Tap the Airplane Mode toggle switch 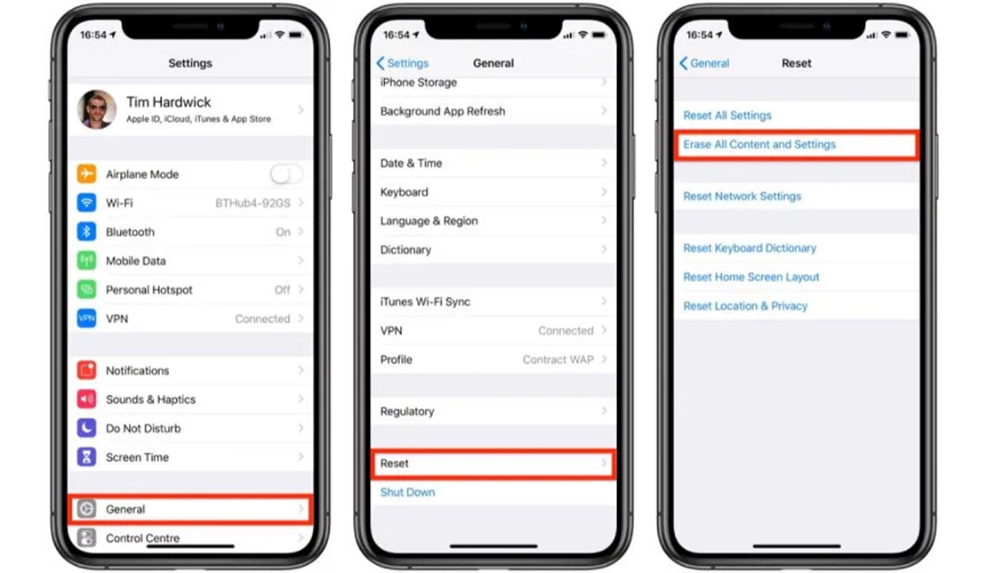coord(286,174)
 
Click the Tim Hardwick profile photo coord(97,109)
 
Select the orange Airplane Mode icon coord(87,174)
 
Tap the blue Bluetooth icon coord(87,231)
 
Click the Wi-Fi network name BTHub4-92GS coord(253,203)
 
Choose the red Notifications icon coord(87,370)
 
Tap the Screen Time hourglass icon coord(87,457)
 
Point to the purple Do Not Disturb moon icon coord(87,428)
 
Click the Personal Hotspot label coord(149,290)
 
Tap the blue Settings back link coord(402,63)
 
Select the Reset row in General coord(493,464)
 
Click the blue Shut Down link coord(407,492)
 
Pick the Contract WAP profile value coord(558,359)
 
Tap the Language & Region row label coord(429,221)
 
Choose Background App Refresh coord(443,111)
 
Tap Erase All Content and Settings coord(759,144)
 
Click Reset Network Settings coord(742,197)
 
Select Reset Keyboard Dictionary coord(750,248)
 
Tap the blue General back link coord(705,63)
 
